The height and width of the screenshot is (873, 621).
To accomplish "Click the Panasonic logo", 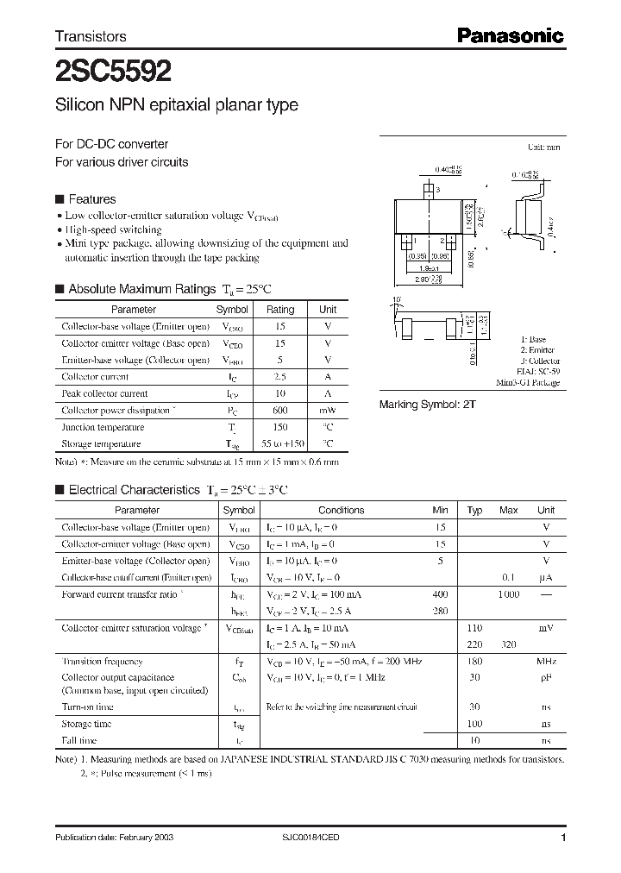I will click(x=510, y=35).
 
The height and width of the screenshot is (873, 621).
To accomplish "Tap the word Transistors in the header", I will click(x=91, y=36).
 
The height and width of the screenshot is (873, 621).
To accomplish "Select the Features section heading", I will click(x=91, y=198).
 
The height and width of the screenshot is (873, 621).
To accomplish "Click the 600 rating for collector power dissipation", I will click(x=279, y=410).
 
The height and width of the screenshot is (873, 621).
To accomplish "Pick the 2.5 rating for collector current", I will click(x=279, y=376).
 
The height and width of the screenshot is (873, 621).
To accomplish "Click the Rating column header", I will click(x=279, y=309).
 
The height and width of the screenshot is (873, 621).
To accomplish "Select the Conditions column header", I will click(x=342, y=510).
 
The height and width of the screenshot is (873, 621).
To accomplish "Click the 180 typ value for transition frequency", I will click(x=474, y=662).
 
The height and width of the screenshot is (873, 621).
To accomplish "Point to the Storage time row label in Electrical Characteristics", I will click(x=86, y=724).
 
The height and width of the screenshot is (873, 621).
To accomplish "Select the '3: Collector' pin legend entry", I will click(x=539, y=361).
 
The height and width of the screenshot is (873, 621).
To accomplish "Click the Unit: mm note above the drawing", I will click(x=543, y=148).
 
